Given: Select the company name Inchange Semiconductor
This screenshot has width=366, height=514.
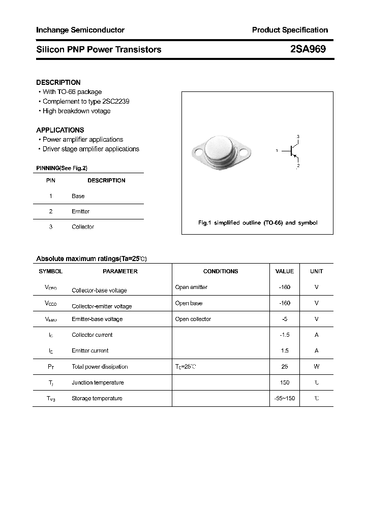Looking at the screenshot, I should pyautogui.click(x=80, y=30).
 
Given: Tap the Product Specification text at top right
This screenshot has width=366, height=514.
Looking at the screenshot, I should pyautogui.click(x=290, y=30).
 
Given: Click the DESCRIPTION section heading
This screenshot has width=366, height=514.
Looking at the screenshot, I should pyautogui.click(x=58, y=82).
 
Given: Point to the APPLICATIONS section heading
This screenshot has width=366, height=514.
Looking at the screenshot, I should pyautogui.click(x=60, y=130).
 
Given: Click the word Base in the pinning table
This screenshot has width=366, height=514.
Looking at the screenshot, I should pyautogui.click(x=78, y=196).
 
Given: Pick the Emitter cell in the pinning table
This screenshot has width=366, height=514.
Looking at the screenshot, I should pyautogui.click(x=80, y=211).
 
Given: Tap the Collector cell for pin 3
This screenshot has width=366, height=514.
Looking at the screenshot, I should pyautogui.click(x=83, y=227).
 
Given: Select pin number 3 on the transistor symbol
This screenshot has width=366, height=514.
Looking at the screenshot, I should pyautogui.click(x=298, y=137).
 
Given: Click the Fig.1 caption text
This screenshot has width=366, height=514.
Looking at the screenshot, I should pyautogui.click(x=257, y=223).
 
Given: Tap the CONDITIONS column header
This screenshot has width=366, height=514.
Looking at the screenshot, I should pyautogui.click(x=221, y=271).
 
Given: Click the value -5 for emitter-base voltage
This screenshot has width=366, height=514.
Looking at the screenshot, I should pyautogui.click(x=285, y=319).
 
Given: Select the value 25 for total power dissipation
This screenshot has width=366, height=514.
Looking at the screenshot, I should pyautogui.click(x=285, y=367).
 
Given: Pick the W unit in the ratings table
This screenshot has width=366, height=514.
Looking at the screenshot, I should pyautogui.click(x=316, y=367).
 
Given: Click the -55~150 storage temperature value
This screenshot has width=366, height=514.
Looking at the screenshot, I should pyautogui.click(x=285, y=398).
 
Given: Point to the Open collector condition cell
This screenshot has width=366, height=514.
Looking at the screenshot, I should pyautogui.click(x=193, y=319).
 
